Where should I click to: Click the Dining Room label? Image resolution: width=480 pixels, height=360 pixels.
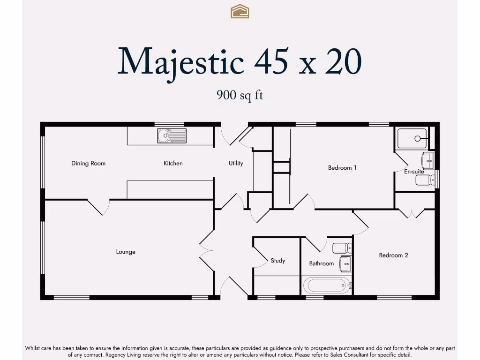88,163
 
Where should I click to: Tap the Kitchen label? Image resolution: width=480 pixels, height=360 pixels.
173,163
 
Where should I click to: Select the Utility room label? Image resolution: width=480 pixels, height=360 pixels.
236,163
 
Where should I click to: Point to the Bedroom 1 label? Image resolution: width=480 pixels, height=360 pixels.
342,167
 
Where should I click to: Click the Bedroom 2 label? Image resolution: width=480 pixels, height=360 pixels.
393,255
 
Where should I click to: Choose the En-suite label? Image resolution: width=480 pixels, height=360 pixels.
414,172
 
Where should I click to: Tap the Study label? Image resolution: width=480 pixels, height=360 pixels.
277,261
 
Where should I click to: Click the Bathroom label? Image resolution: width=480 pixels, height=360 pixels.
322,263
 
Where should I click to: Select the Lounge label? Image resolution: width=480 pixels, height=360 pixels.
126,252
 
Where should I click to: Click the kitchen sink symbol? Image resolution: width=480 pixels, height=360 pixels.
172,136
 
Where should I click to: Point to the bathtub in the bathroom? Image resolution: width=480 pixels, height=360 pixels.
327,285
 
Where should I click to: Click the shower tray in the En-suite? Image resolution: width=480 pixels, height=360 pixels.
412,138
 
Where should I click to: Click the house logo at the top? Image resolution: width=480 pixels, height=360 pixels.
240,11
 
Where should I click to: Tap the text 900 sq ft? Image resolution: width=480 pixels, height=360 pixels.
240,95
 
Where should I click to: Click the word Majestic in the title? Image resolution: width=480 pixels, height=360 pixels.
181,61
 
